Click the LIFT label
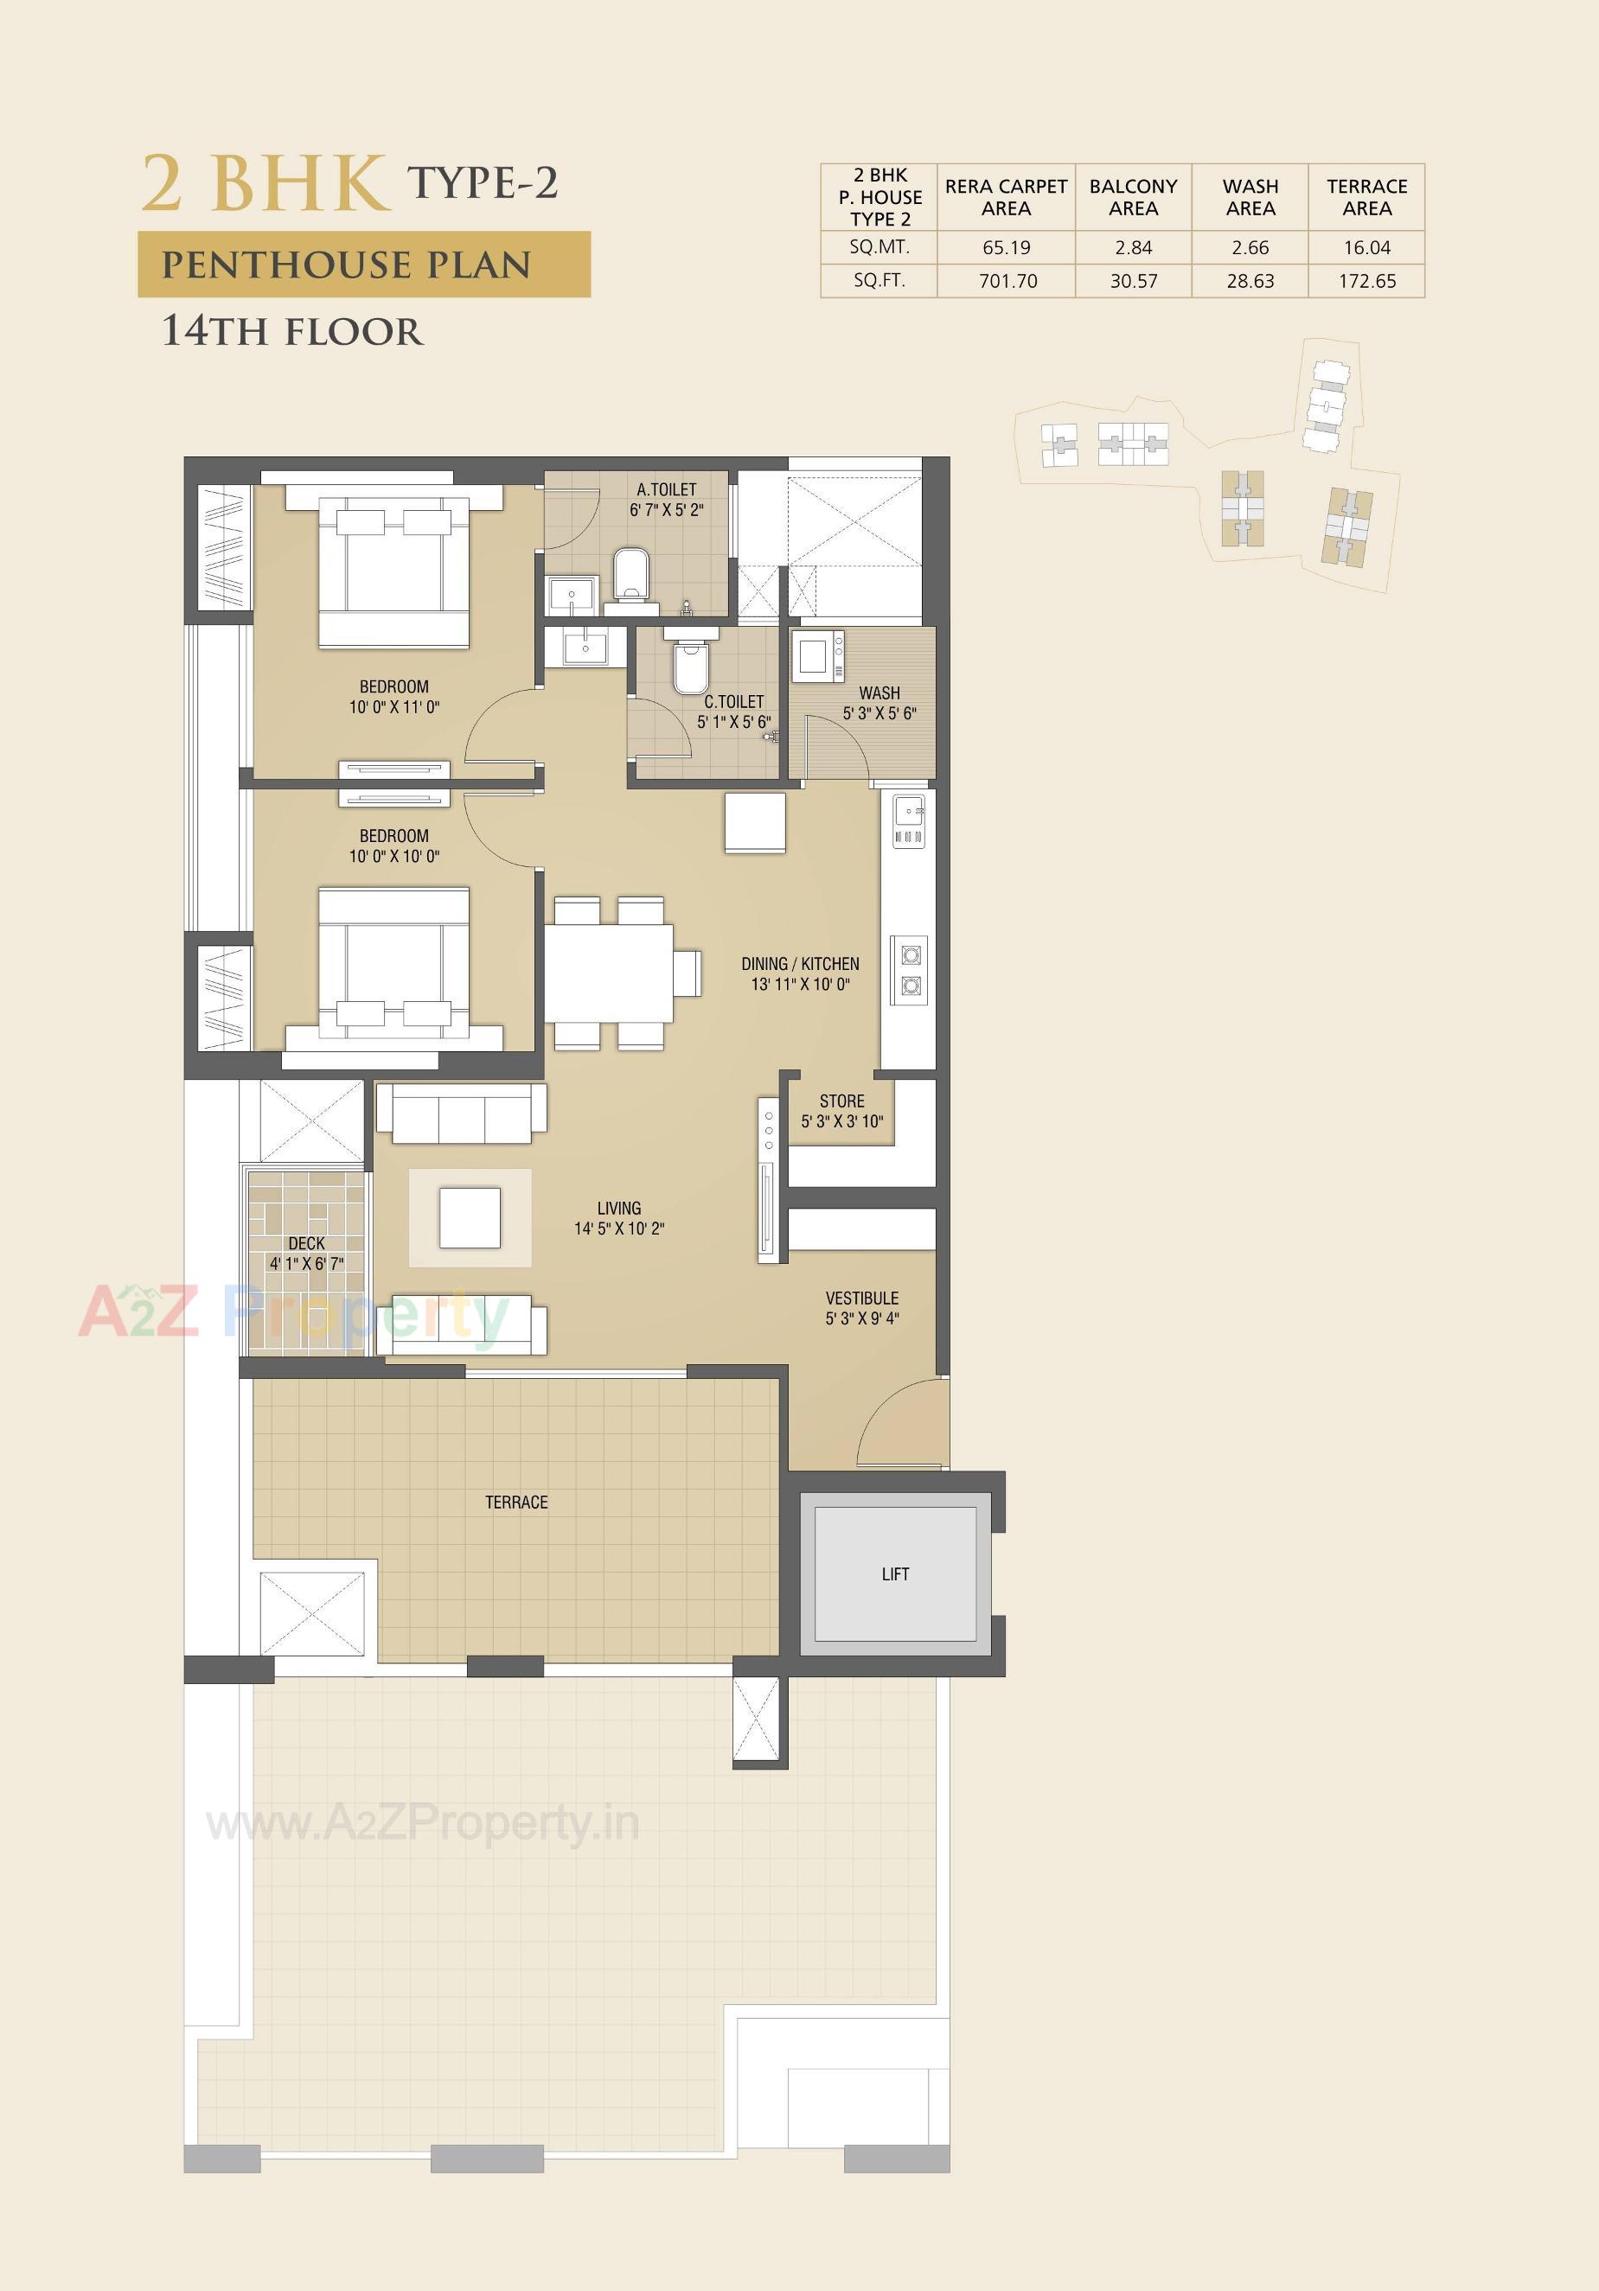pos(894,1573)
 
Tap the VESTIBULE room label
pos(861,1299)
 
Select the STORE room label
pos(841,1101)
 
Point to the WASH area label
pos(879,692)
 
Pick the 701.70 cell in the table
pos(1007,281)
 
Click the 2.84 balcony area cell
pos(1133,247)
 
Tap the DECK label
pos(306,1243)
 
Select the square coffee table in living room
pos(469,1217)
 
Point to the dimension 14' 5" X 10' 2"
pos(619,1228)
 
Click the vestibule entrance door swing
pos(899,1422)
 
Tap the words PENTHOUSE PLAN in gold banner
pos(347,265)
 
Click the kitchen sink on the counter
pos(908,809)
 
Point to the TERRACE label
pos(516,1502)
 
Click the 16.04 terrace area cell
pos(1366,247)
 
